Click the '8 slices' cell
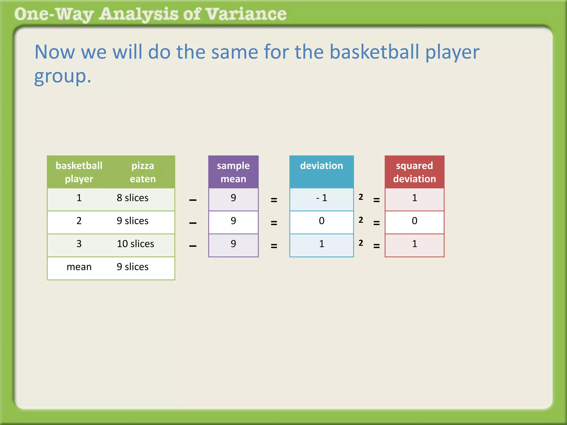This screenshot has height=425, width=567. click(133, 198)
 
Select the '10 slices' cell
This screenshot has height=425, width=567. click(135, 244)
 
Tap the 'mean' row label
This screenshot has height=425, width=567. click(79, 267)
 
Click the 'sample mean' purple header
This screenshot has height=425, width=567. click(233, 172)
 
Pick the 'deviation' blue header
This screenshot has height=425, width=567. click(321, 166)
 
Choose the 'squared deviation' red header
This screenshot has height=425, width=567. click(414, 172)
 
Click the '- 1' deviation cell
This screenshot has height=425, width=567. click(321, 198)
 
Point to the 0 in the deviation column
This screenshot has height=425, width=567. click(321, 221)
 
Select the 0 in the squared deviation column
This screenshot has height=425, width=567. click(414, 221)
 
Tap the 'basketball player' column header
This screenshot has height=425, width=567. click(79, 172)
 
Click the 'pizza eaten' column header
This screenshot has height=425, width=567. click(143, 172)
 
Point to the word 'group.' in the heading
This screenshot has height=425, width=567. click(63, 76)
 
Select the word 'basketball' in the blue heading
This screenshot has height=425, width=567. click(375, 52)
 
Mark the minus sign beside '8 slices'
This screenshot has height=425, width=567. click(193, 200)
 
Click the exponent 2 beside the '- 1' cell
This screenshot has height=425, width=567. click(361, 197)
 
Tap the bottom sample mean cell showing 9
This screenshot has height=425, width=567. click(233, 244)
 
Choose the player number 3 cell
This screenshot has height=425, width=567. click(79, 244)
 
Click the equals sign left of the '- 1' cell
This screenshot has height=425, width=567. click(274, 200)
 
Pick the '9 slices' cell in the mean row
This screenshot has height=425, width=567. click(133, 267)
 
